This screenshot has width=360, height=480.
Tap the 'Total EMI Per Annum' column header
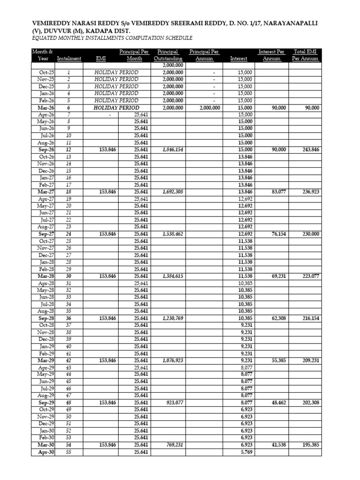pos(305,55)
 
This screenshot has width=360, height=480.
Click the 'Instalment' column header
pos(69,59)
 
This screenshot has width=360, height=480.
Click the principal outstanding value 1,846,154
pos(172,150)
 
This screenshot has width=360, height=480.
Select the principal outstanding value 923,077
pos(174,403)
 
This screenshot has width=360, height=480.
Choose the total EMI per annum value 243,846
pos(309,150)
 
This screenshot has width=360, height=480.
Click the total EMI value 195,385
pos(309,445)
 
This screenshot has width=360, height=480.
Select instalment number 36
pos(68,318)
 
